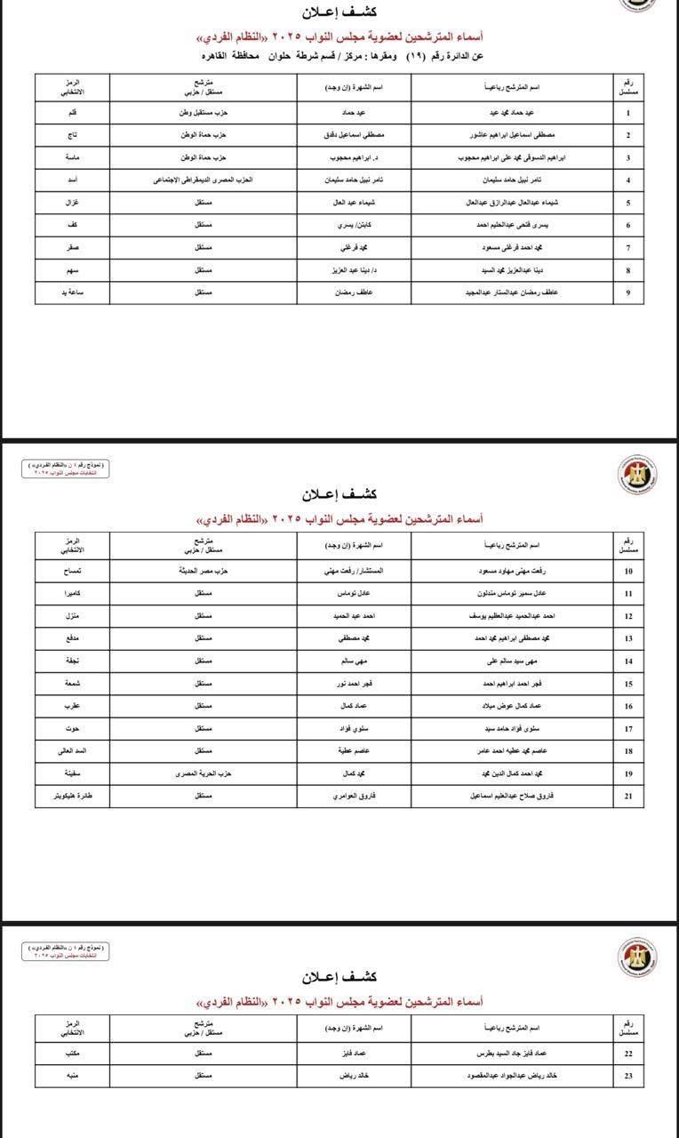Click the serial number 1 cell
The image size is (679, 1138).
click(628, 113)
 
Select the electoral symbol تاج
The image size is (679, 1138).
click(72, 135)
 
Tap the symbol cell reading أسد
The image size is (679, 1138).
click(72, 180)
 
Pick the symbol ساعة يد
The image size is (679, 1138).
click(72, 293)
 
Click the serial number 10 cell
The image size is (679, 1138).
click(628, 570)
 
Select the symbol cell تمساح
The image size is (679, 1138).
click(72, 570)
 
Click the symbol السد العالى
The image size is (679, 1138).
click(72, 751)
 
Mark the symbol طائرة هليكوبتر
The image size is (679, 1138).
click(72, 797)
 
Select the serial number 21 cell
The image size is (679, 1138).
click(628, 797)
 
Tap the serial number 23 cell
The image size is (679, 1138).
click(628, 1076)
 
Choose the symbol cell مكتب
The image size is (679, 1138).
click(72, 1054)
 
